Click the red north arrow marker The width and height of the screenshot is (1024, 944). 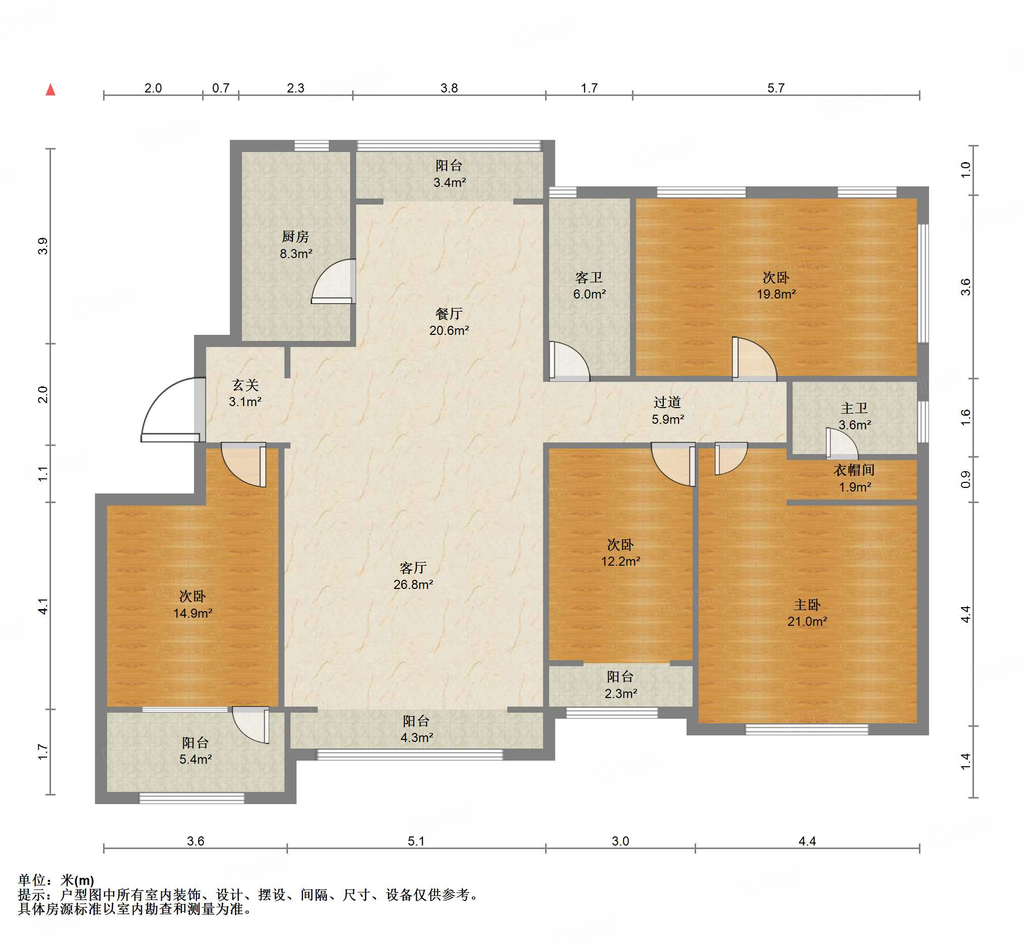(x=51, y=90)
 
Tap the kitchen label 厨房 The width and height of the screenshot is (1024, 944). (x=296, y=236)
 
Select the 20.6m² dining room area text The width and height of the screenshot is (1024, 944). (x=449, y=330)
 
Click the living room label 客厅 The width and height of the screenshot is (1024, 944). (x=413, y=568)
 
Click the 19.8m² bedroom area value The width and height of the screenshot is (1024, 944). (x=776, y=294)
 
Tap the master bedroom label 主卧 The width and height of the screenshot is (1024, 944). (x=807, y=605)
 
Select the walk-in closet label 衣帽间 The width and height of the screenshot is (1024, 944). (x=854, y=470)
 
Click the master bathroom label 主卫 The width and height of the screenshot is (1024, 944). (x=854, y=408)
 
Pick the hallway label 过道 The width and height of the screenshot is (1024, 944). (x=667, y=403)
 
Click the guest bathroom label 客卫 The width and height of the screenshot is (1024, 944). (x=589, y=277)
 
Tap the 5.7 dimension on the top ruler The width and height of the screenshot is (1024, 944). (x=775, y=88)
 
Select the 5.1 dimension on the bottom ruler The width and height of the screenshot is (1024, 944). (x=416, y=841)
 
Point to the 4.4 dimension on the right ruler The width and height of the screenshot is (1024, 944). (x=965, y=614)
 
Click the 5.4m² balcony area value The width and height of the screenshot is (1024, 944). (x=195, y=759)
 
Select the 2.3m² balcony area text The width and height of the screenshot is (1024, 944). (x=620, y=693)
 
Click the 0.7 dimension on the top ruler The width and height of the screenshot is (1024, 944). (x=221, y=88)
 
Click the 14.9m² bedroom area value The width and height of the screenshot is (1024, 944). (x=192, y=613)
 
